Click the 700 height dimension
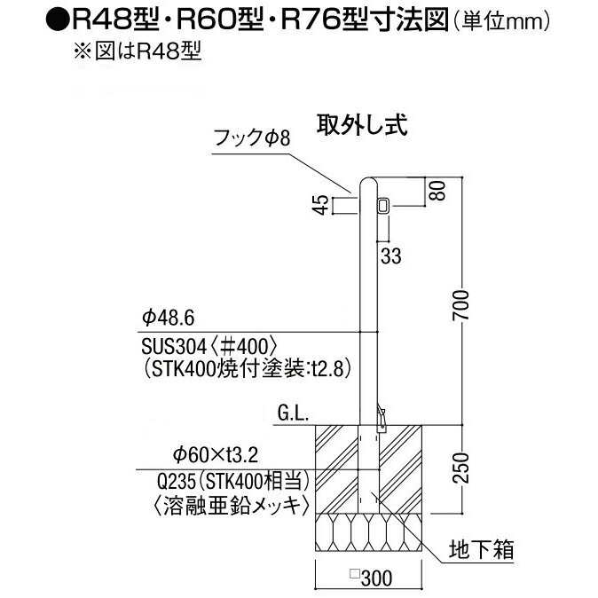pyautogui.click(x=460, y=305)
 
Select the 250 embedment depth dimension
pyautogui.click(x=460, y=468)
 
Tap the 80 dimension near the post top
pyautogui.click(x=439, y=191)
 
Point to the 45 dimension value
pyautogui.click(x=323, y=205)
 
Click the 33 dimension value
pyautogui.click(x=391, y=256)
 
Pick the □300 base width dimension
pyautogui.click(x=371, y=578)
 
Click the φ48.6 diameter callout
pyautogui.click(x=169, y=318)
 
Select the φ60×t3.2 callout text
pyautogui.click(x=216, y=454)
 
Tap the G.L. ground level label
pyautogui.click(x=293, y=414)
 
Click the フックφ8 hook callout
pyautogui.click(x=252, y=138)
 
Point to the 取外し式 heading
pyautogui.click(x=362, y=124)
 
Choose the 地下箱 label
pyautogui.click(x=481, y=549)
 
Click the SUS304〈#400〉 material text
pyautogui.click(x=209, y=346)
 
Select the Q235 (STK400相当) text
pyautogui.click(x=233, y=481)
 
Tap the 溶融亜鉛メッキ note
pyautogui.click(x=231, y=507)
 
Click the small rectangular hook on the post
pyautogui.click(x=382, y=206)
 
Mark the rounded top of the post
pyautogui.click(x=368, y=183)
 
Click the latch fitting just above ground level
pyautogui.click(x=381, y=419)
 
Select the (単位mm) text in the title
pyautogui.click(x=500, y=22)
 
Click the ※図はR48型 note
pyautogui.click(x=138, y=51)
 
